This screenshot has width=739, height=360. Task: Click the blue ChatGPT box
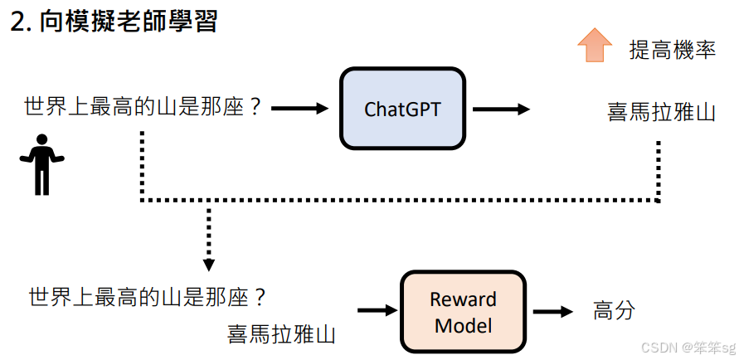point(402,109)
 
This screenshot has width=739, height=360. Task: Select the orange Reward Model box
point(464,312)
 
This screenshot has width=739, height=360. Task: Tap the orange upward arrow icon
point(594,45)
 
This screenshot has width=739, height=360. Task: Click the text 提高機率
point(672,51)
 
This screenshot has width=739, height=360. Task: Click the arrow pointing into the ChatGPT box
point(300,108)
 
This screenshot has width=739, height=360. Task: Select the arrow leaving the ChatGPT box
point(501,109)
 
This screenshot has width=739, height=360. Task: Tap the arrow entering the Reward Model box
point(377,311)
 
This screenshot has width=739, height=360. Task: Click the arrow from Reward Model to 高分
point(552,312)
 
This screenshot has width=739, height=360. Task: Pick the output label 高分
point(614,311)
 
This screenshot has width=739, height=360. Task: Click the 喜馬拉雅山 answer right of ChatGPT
point(661,111)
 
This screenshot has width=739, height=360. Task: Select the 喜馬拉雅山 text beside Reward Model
point(282,334)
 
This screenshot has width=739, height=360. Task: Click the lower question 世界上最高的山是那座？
point(148,296)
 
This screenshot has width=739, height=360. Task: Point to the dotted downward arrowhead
point(208,265)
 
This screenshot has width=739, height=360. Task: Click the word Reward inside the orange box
point(464,299)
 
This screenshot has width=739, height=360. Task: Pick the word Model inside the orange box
point(464,325)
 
